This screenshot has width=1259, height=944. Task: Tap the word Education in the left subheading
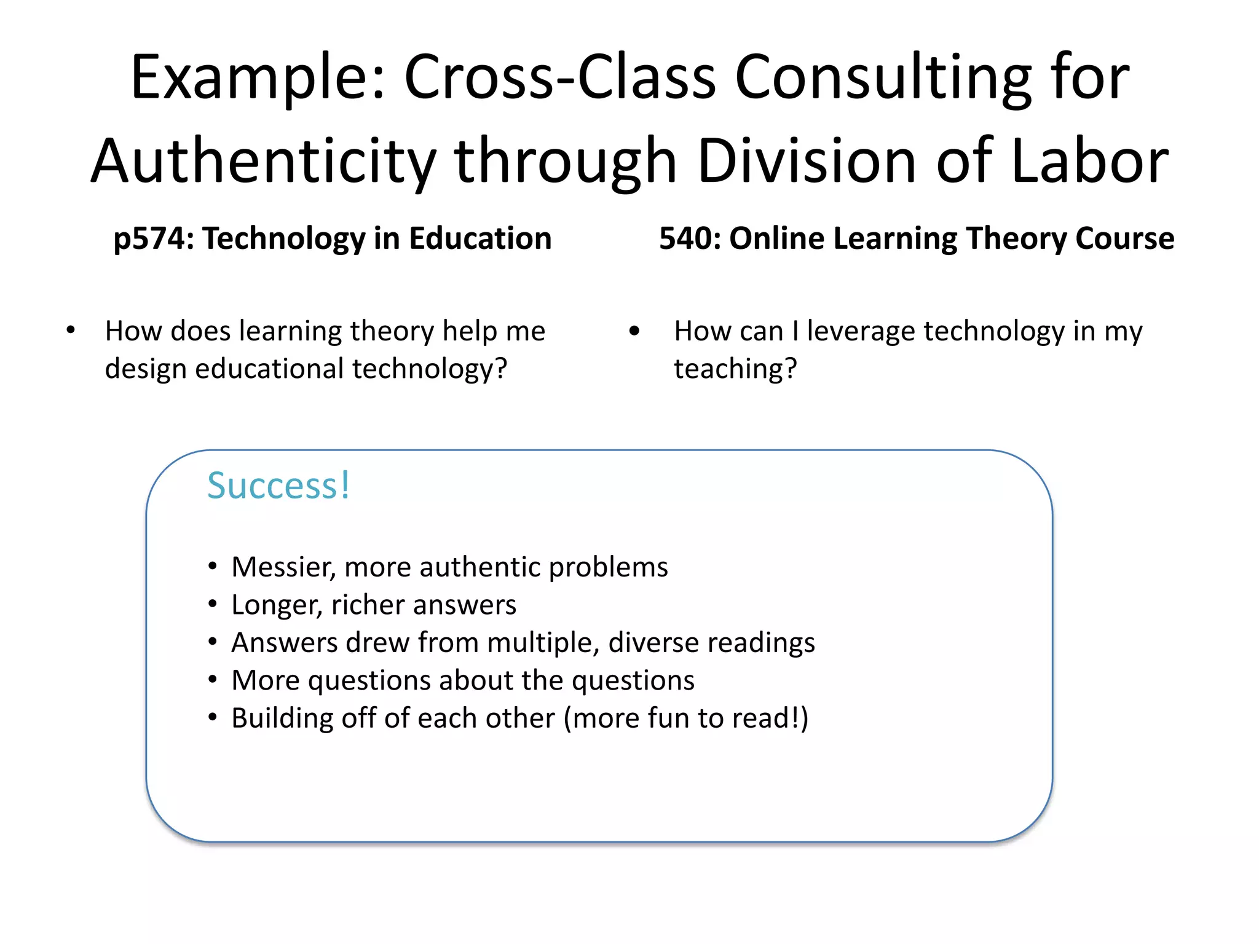pos(480,238)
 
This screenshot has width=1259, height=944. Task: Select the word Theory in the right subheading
pos(1015,239)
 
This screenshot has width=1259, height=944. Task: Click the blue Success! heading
pos(278,486)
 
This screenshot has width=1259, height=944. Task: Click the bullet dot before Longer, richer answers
pos(213,605)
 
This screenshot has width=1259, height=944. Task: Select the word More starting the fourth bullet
pos(265,681)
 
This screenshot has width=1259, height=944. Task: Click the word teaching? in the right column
pos(735,369)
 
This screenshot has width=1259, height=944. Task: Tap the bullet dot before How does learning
pos(71,331)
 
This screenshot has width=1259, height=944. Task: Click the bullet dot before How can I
pos(634,332)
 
